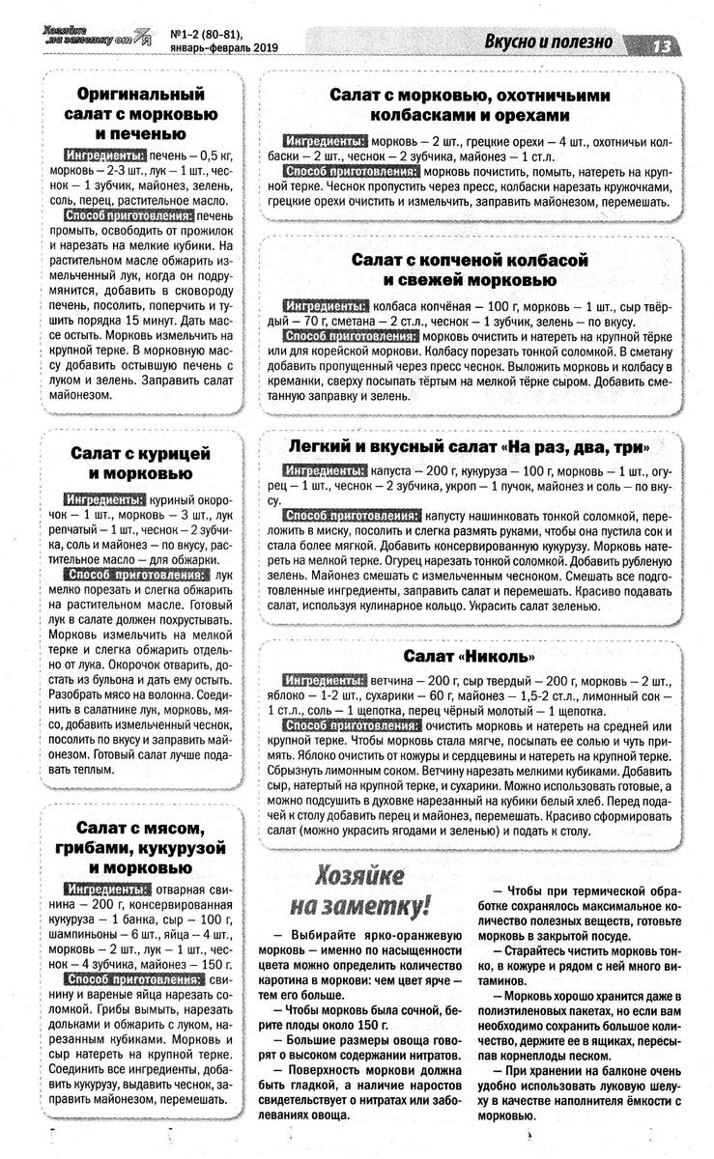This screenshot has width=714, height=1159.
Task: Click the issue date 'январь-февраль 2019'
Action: (x=223, y=48)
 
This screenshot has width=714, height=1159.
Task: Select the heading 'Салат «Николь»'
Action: (x=468, y=657)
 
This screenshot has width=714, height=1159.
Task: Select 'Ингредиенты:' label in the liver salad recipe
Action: (x=105, y=155)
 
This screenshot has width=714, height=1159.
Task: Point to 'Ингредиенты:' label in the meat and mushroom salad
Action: (x=105, y=890)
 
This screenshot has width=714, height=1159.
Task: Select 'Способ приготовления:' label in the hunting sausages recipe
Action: (x=351, y=171)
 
